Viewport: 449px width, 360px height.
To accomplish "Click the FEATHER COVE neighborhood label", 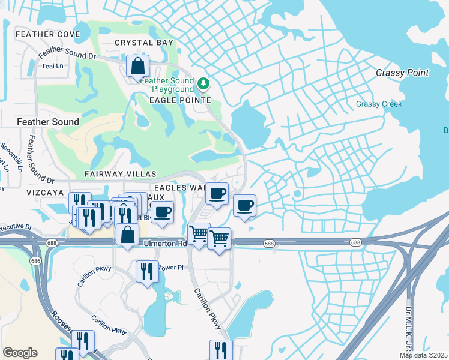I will pos(39,34).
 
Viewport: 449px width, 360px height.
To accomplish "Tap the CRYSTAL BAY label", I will pos(144,43).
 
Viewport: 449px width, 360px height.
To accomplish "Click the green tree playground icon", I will pos(203,82).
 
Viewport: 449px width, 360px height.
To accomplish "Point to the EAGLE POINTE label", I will pos(180,100).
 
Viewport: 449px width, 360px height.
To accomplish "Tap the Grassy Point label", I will pos(402,73).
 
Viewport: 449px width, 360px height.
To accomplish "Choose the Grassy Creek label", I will pos(379,104).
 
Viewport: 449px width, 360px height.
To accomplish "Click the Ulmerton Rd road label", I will pos(165,244).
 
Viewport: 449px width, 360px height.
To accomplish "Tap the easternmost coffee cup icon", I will pos(244,206).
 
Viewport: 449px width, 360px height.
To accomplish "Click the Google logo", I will pos(20,353).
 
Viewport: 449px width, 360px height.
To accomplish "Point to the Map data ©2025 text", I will pos(423,355).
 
